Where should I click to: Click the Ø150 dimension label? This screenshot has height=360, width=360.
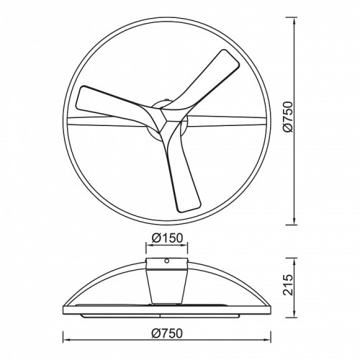click(x=167, y=238)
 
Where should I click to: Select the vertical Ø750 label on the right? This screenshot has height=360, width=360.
click(x=288, y=117)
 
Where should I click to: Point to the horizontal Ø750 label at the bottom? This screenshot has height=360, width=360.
click(x=167, y=333)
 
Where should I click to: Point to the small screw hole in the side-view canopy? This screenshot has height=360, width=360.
click(x=167, y=261)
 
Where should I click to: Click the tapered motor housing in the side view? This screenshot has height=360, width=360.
click(x=167, y=286)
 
